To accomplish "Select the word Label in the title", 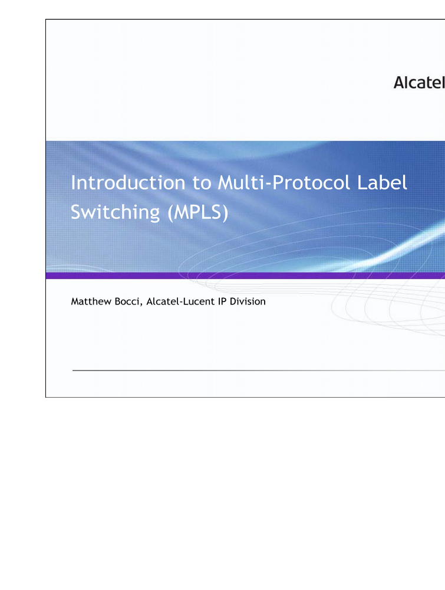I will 383,183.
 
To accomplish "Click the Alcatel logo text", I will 419,83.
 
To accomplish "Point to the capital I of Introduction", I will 73,183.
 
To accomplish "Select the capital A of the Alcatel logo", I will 400,83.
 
